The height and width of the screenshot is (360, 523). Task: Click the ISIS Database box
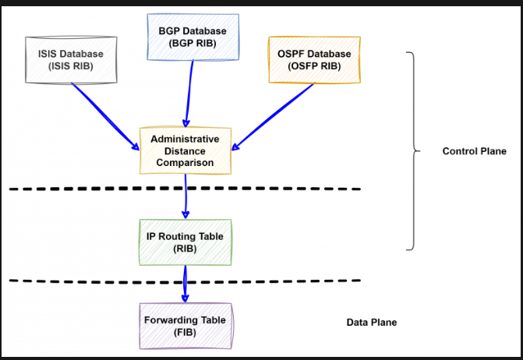point(70,59)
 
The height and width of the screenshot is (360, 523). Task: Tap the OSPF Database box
point(314,59)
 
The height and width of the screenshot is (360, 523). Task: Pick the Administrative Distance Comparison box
point(185,150)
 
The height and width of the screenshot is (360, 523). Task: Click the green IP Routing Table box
point(184,242)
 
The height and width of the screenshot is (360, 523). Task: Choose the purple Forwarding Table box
point(185,326)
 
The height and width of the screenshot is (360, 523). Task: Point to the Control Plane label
point(474,151)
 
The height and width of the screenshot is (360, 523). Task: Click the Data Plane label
point(371,322)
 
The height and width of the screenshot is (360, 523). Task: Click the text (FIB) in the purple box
point(185,332)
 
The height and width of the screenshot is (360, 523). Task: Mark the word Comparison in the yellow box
point(185,163)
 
